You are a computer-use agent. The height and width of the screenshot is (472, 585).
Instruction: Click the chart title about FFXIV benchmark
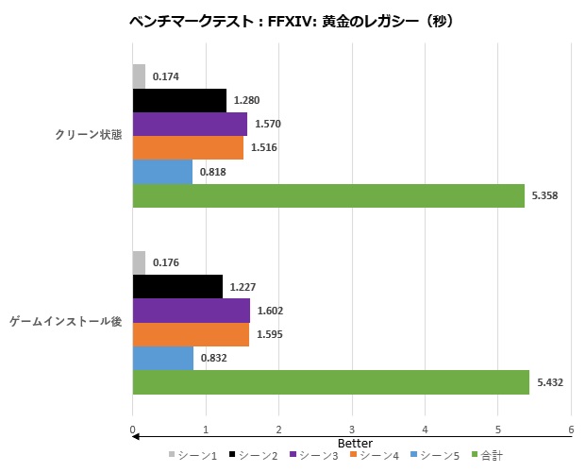(x=292, y=20)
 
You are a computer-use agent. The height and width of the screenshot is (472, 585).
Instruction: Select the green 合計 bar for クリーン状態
(x=327, y=195)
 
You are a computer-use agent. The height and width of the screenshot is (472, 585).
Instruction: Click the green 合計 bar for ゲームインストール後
(x=330, y=382)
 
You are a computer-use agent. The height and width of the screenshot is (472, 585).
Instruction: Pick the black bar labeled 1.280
(x=179, y=100)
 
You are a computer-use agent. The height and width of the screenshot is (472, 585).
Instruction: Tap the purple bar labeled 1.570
(x=190, y=124)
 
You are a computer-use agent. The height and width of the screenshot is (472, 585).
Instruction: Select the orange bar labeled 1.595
(x=191, y=334)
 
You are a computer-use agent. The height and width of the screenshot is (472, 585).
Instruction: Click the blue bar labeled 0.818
(x=162, y=172)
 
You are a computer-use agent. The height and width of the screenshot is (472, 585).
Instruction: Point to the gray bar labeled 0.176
(x=139, y=262)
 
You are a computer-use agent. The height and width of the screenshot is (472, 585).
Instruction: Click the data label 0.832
(x=217, y=359)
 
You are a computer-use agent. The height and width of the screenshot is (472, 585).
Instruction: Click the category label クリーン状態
(x=89, y=135)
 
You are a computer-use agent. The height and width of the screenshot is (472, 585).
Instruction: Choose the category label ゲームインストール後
(x=66, y=322)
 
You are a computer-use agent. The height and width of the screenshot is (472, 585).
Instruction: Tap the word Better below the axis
(x=356, y=443)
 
